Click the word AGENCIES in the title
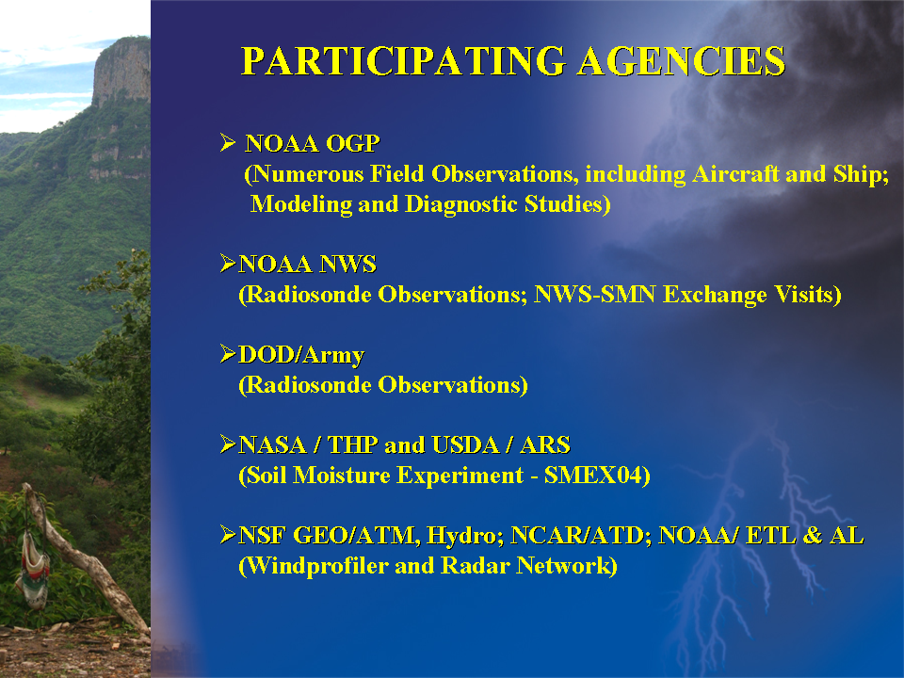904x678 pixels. point(681,61)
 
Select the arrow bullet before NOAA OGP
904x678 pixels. point(228,142)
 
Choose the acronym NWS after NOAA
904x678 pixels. point(347,264)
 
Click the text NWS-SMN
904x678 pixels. point(594,295)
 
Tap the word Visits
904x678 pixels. point(808,295)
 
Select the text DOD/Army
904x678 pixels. point(301,355)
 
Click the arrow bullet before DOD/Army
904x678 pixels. point(228,353)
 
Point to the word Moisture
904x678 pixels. point(341,476)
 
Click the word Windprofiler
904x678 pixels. point(314,566)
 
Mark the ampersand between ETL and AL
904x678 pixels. point(812,536)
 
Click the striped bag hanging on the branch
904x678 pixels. point(33,571)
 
